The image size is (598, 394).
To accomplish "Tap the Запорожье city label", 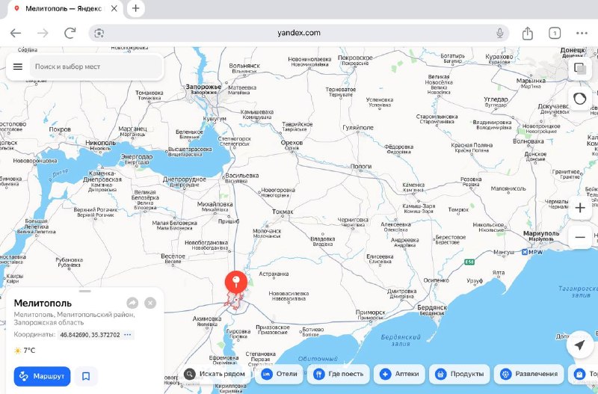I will (x=203, y=87).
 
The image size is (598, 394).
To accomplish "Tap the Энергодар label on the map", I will (x=137, y=156).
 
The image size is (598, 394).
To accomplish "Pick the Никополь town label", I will (x=100, y=142).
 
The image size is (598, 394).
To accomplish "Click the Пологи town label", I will (x=361, y=167).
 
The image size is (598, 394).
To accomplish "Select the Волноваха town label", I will (x=528, y=141).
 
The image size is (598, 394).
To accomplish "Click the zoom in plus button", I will (x=580, y=208).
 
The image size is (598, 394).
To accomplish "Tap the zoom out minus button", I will (x=580, y=237).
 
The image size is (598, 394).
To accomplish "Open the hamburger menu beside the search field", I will (x=18, y=67).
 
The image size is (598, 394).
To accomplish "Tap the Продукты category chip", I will (x=460, y=374).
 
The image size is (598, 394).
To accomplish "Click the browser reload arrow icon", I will (x=70, y=33).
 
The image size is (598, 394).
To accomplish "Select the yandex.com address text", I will (x=298, y=33).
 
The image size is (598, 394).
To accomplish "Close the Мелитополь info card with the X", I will (x=150, y=303).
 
